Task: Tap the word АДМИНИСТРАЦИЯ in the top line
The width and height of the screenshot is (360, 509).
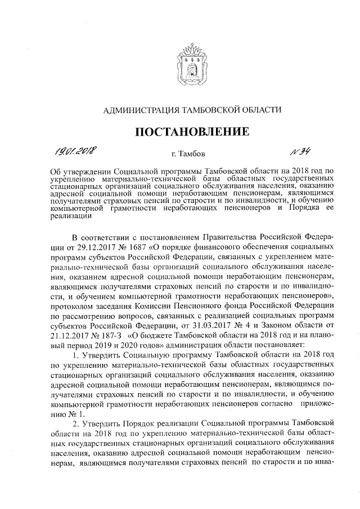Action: pos(141,110)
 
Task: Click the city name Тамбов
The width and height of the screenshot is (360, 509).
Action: pos(192,153)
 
